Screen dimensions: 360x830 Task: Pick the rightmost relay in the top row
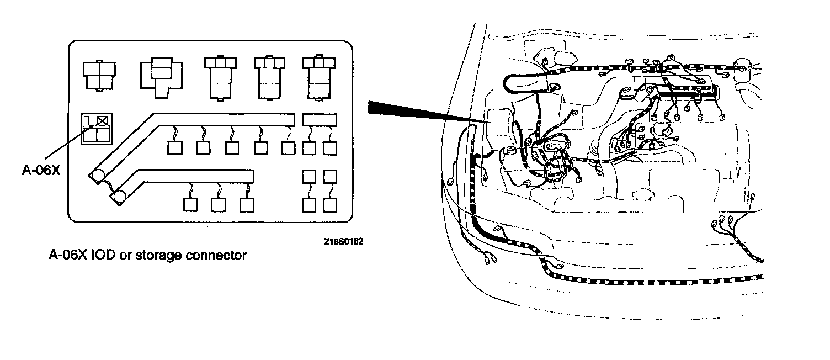(316, 77)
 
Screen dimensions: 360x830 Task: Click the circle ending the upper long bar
(98, 176)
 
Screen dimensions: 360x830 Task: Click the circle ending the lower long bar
(119, 197)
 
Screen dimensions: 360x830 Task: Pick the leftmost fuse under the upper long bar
(174, 148)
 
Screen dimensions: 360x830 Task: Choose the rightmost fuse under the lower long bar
(247, 204)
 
